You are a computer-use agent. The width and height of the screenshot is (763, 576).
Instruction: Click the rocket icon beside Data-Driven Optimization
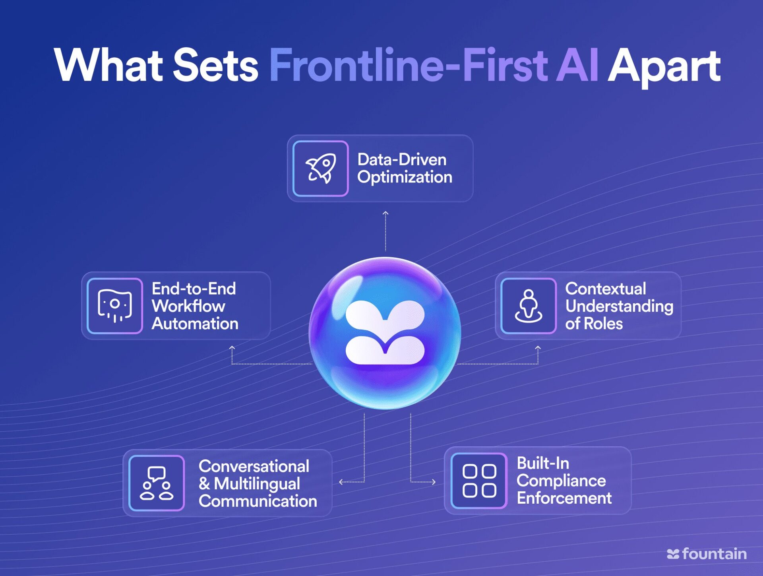pyautogui.click(x=321, y=169)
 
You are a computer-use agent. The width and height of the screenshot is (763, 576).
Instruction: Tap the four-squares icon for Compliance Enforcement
pyautogui.click(x=479, y=481)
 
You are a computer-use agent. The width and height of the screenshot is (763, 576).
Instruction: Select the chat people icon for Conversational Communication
pyautogui.click(x=157, y=483)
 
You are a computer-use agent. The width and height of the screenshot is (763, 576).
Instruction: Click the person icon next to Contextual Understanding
pyautogui.click(x=529, y=306)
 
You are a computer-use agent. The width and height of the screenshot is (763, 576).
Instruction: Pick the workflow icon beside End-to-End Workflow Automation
pyautogui.click(x=115, y=306)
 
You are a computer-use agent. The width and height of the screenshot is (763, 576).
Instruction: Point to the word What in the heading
pyautogui.click(x=108, y=65)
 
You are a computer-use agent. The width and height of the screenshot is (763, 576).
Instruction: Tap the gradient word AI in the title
pyautogui.click(x=577, y=65)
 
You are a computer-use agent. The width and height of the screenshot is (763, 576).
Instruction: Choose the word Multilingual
pyautogui.click(x=257, y=484)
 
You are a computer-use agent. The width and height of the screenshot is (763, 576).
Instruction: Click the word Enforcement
pyautogui.click(x=564, y=498)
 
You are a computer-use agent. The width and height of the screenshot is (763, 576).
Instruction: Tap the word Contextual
pyautogui.click(x=606, y=289)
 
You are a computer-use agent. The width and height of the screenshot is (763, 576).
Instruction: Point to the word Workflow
pyautogui.click(x=188, y=306)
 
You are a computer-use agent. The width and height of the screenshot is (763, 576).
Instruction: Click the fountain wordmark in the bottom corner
pyautogui.click(x=707, y=554)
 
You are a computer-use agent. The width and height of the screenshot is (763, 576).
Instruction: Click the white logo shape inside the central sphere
pyautogui.click(x=385, y=332)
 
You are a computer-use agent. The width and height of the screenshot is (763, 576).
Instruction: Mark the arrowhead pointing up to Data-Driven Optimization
pyautogui.click(x=385, y=213)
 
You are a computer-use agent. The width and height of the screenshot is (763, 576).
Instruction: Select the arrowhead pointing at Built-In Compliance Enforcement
pyautogui.click(x=434, y=482)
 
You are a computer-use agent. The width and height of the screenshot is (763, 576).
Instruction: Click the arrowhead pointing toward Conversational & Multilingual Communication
pyautogui.click(x=341, y=482)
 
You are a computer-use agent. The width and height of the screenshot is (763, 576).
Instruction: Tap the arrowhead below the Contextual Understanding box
pyautogui.click(x=538, y=348)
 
